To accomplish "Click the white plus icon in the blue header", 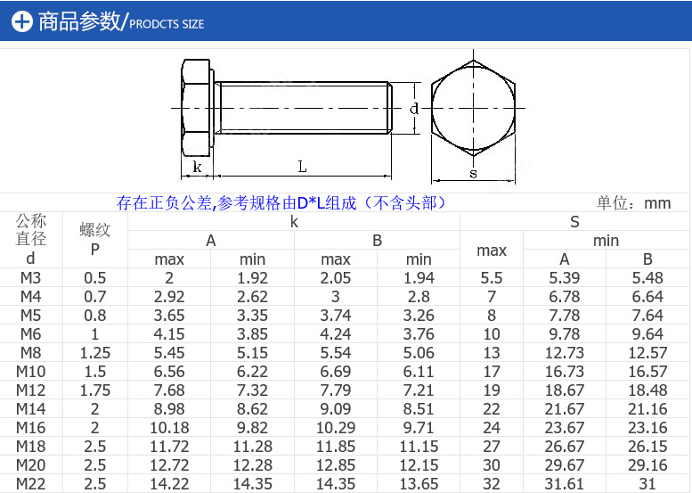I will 22,22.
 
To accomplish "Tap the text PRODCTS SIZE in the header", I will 167,24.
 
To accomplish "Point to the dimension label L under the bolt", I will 303,167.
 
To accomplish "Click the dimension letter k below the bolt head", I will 197,168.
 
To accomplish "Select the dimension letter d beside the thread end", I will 413,109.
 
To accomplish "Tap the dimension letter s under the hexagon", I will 473,174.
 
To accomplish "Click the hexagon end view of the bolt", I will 473,109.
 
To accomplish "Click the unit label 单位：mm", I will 633,203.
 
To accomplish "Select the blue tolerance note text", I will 281,203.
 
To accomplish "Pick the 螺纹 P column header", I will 95,239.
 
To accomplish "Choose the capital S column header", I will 574,221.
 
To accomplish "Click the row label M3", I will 31,278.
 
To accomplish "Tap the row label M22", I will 31,484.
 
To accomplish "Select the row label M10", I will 31,372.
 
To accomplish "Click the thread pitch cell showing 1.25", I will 95,353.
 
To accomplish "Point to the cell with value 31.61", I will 565,484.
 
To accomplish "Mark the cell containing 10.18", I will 169,428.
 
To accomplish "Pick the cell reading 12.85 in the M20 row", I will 336,465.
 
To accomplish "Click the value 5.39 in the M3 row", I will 565,278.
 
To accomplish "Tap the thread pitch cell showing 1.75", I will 95,390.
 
